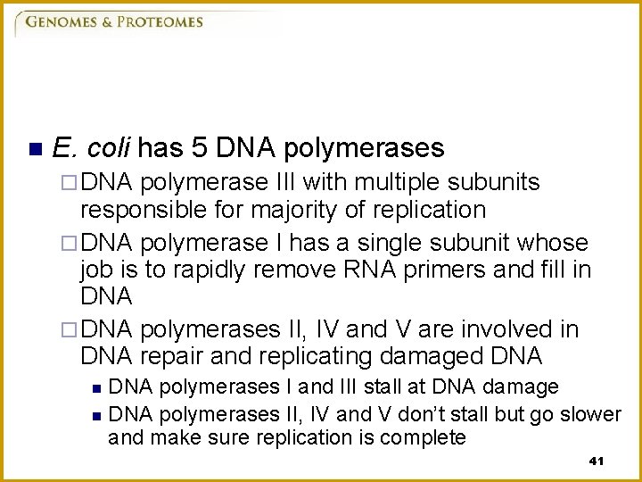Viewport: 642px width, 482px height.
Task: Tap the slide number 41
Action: [597, 461]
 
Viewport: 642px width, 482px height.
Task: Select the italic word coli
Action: [108, 147]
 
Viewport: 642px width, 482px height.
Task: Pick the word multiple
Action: [394, 182]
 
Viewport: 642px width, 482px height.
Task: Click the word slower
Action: [592, 414]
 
